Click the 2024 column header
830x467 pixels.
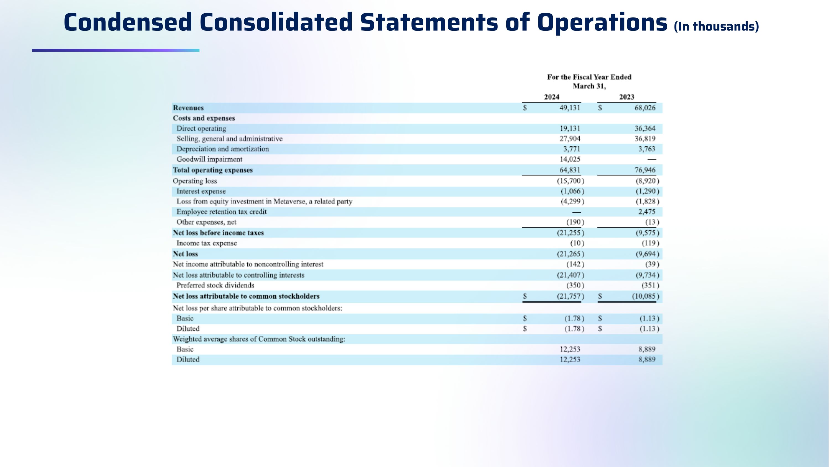coord(551,97)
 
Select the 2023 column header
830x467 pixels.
coord(626,97)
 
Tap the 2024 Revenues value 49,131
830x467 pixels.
coord(569,108)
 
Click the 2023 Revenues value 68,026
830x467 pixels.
coord(645,108)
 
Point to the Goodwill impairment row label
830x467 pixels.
coord(209,159)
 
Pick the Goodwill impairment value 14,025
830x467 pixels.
coord(569,159)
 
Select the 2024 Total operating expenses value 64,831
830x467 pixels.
coord(569,170)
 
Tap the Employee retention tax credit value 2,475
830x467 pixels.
coord(647,212)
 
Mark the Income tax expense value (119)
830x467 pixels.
coord(650,243)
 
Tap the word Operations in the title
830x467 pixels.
coord(602,22)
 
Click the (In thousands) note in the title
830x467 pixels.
coord(716,26)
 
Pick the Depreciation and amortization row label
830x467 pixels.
coord(223,149)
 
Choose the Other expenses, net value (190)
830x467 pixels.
coord(575,222)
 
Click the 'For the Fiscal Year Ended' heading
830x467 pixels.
coord(589,77)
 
